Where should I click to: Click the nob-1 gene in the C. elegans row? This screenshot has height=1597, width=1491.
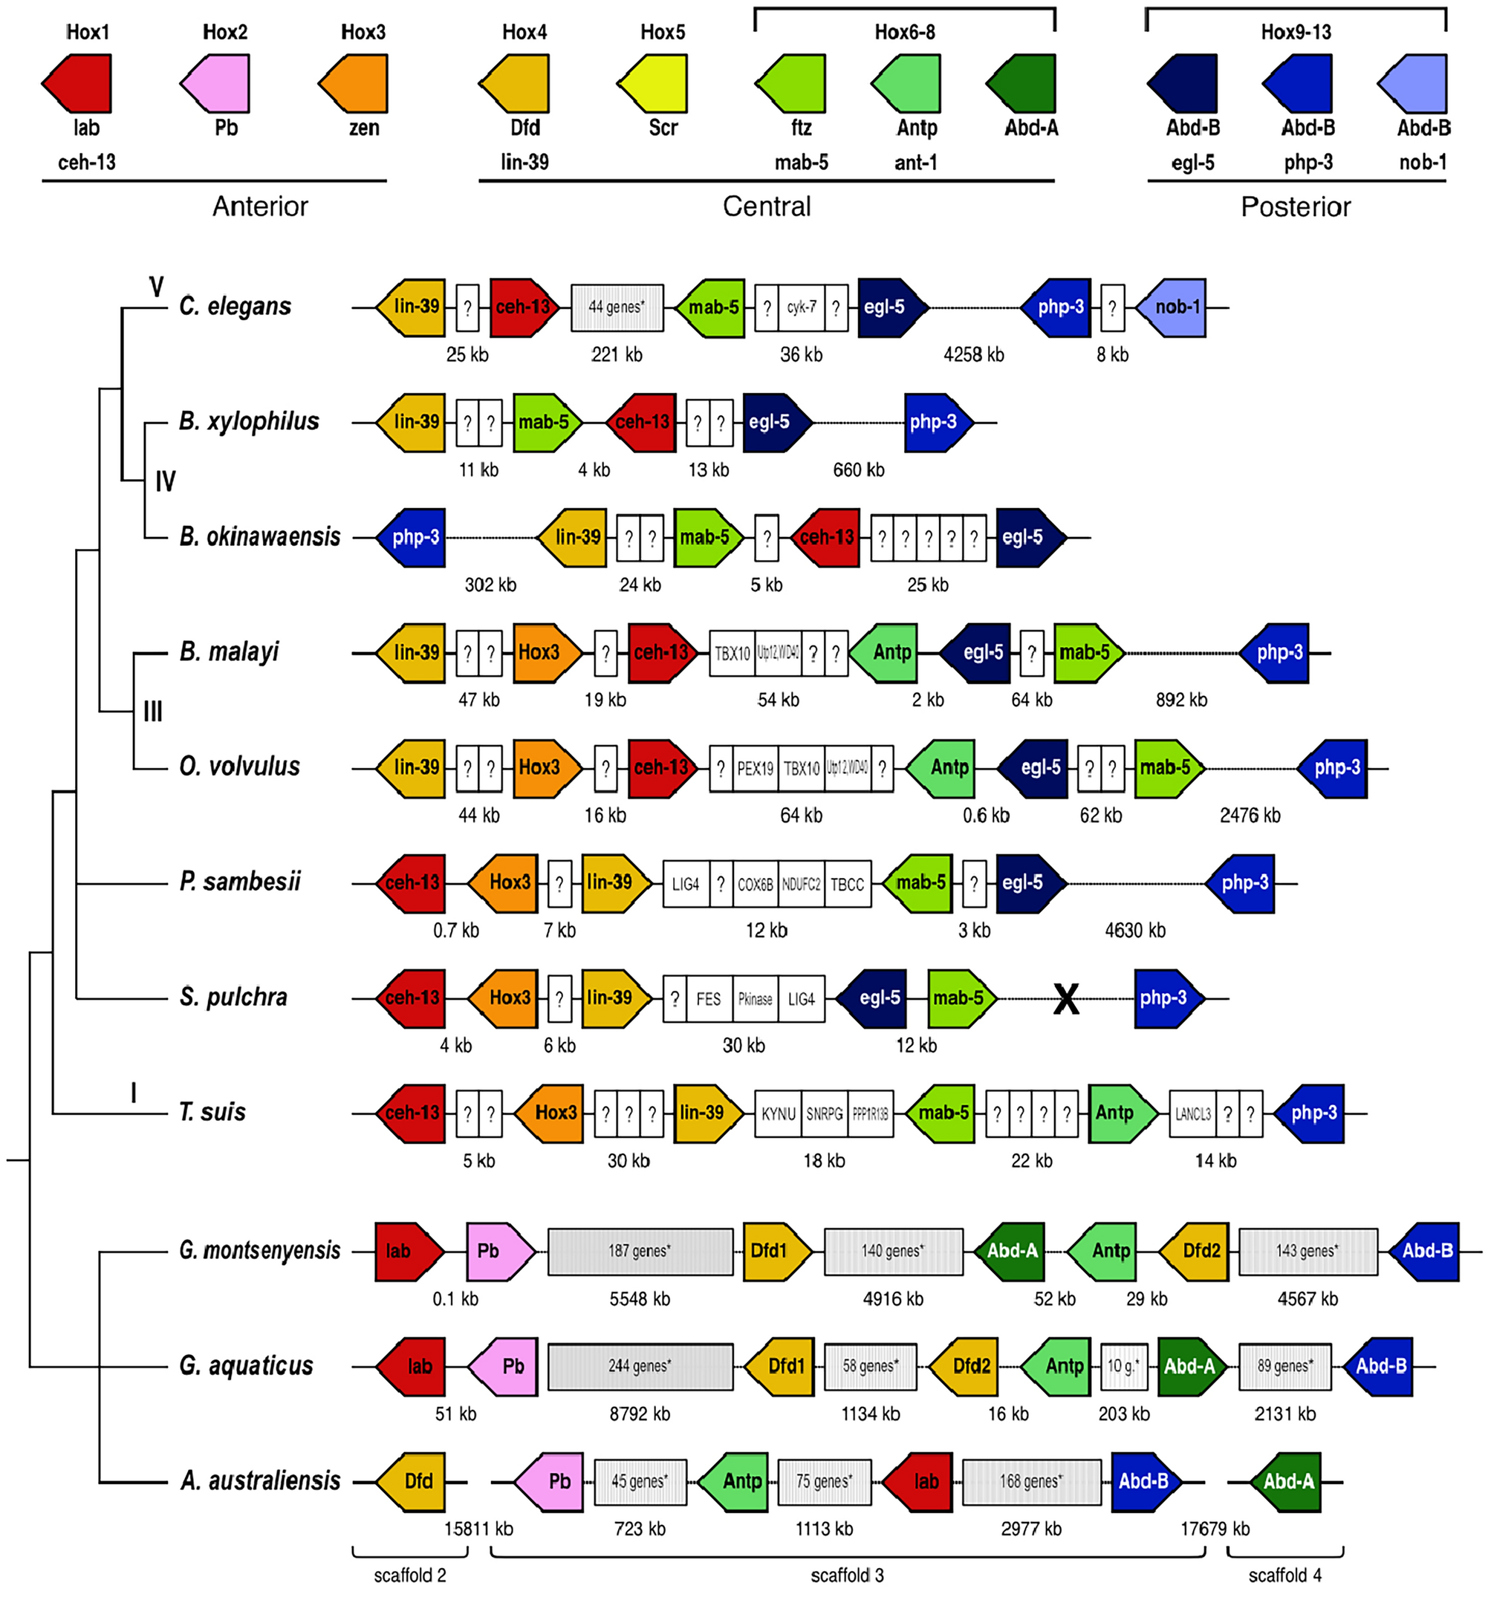(1172, 307)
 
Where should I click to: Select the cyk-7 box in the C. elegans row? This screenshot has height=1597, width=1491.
(801, 307)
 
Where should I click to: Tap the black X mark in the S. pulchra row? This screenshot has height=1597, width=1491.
(1066, 998)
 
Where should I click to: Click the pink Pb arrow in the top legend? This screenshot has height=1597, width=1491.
(215, 83)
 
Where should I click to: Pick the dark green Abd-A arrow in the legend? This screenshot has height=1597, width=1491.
(1021, 83)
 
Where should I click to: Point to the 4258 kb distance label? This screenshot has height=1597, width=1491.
(973, 354)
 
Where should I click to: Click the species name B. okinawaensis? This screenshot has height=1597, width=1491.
(259, 536)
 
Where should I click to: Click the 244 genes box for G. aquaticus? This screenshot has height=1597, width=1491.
(640, 1366)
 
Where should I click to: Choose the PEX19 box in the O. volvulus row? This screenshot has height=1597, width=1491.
(755, 768)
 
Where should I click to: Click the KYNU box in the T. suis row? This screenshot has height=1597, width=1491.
(778, 1113)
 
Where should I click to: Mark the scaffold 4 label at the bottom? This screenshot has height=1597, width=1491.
(1284, 1575)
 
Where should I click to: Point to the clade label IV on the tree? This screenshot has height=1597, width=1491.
(165, 481)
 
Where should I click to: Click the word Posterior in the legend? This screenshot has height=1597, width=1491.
(1295, 207)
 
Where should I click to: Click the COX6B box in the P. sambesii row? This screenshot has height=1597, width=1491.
(755, 884)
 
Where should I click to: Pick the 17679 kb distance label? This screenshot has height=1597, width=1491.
(1214, 1529)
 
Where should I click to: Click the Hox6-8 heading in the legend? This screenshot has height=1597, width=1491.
(905, 32)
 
